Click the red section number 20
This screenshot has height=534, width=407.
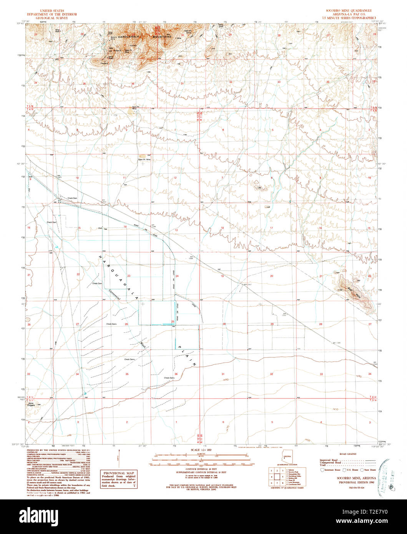tap(271, 276)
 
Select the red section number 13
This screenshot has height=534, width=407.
tap(176, 230)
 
